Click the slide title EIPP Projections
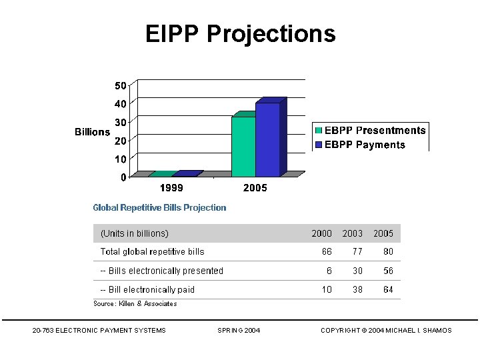point(240,33)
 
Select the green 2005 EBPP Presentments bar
point(243,147)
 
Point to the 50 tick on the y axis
point(121,85)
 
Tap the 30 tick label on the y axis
point(121,122)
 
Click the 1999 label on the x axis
point(171,188)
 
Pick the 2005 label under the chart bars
point(255,188)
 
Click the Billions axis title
point(92,132)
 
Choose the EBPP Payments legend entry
point(364,145)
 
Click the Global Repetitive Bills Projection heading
point(159,207)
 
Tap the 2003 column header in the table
point(353,233)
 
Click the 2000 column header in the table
point(321,233)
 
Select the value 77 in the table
point(357,251)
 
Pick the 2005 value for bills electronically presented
point(388,271)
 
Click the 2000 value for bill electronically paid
point(327,289)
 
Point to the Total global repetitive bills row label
point(152,251)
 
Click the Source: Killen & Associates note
point(135,304)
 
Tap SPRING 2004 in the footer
point(239,331)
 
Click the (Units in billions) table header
point(134,233)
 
